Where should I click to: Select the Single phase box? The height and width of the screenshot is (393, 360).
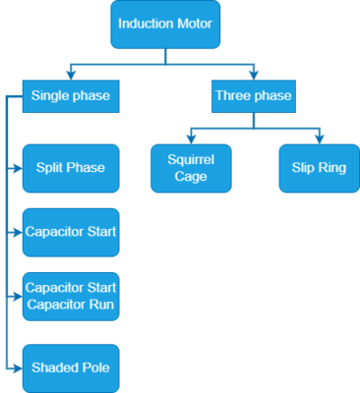[x=70, y=96]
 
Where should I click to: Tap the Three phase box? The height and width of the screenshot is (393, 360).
[x=253, y=96]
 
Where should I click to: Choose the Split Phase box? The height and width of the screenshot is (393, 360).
[x=70, y=168]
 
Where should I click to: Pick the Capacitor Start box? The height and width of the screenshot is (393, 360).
[x=70, y=233]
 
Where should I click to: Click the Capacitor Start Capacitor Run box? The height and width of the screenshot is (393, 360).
[x=70, y=296]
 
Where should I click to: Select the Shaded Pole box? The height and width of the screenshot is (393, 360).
[x=70, y=367]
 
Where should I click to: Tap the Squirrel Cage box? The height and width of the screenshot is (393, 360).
[x=191, y=168]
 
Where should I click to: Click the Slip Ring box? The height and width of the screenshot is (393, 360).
[x=319, y=168]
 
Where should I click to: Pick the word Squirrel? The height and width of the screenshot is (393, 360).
[x=191, y=159]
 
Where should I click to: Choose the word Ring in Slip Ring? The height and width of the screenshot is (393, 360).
[x=331, y=168]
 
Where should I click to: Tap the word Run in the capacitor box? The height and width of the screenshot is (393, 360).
[x=102, y=305]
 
